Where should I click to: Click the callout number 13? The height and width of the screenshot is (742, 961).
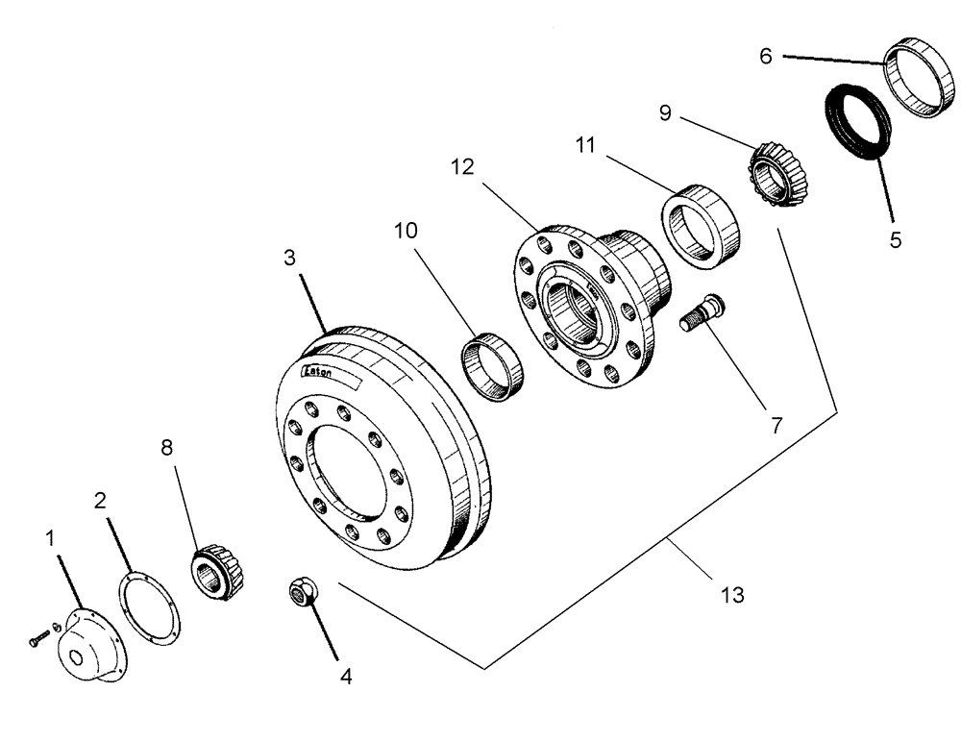(733, 596)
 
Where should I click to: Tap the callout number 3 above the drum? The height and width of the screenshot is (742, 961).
(289, 259)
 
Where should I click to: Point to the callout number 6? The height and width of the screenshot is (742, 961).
(766, 57)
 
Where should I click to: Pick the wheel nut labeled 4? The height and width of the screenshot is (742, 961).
(304, 594)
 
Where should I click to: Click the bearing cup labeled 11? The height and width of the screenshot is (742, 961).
(701, 224)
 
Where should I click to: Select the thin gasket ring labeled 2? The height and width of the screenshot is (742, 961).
(150, 607)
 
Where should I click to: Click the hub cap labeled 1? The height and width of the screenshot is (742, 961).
(87, 650)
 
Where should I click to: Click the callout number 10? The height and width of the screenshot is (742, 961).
(406, 233)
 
